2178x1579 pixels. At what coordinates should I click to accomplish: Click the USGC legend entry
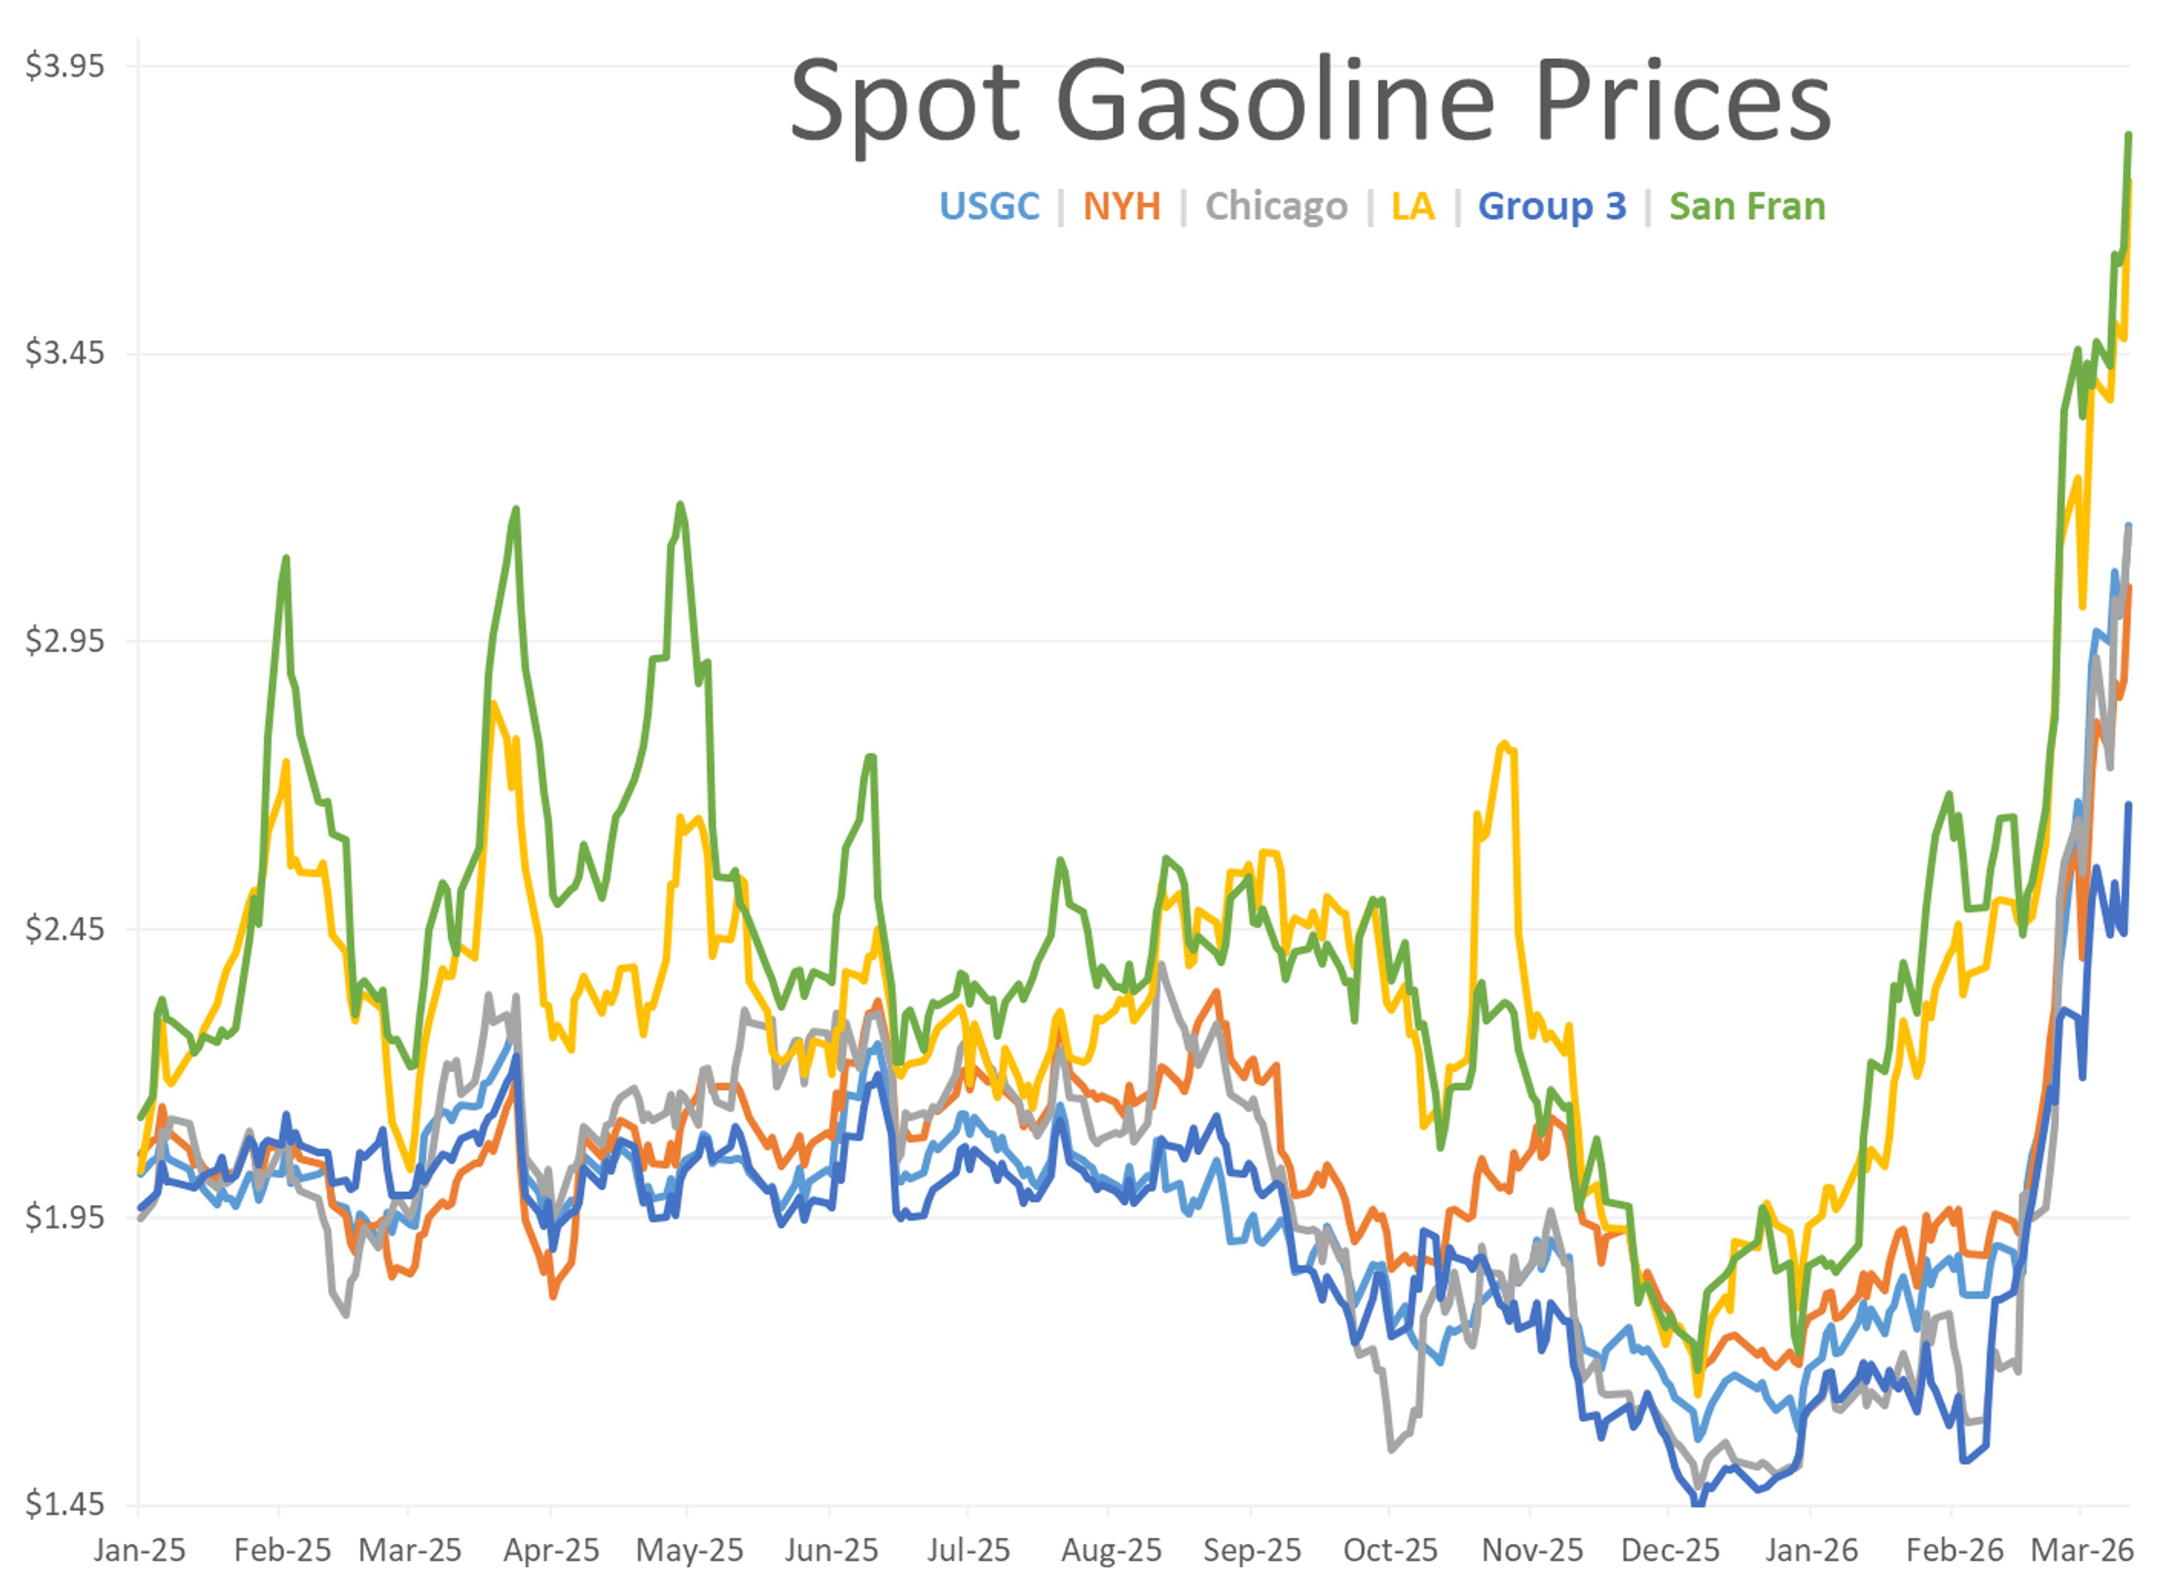pyautogui.click(x=989, y=207)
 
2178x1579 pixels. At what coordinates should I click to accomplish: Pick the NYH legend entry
pyautogui.click(x=1122, y=207)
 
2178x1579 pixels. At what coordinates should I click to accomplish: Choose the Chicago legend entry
pyautogui.click(x=1276, y=207)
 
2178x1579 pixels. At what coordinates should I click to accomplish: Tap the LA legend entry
pyautogui.click(x=1413, y=207)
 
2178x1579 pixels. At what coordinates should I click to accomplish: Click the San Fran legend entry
pyautogui.click(x=1747, y=207)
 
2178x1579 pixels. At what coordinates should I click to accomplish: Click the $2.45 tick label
pyautogui.click(x=64, y=929)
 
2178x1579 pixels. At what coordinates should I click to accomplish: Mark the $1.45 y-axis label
pyautogui.click(x=64, y=1503)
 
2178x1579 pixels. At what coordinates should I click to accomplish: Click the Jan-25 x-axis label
pyautogui.click(x=140, y=1550)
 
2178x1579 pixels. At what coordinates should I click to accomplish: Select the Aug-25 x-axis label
pyautogui.click(x=1111, y=1550)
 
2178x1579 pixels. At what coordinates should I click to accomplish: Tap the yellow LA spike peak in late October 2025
pyautogui.click(x=1505, y=743)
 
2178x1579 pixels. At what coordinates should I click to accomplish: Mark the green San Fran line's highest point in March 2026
pyautogui.click(x=2129, y=134)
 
